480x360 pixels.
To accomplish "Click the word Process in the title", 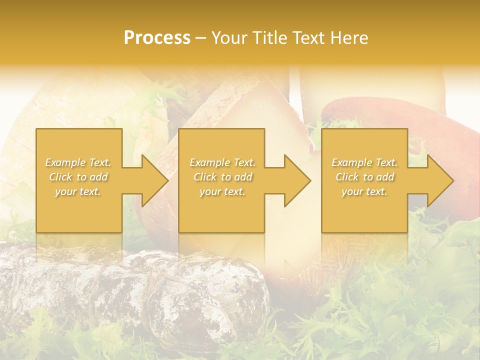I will pyautogui.click(x=157, y=38).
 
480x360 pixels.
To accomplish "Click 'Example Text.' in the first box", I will pyautogui.click(x=78, y=162).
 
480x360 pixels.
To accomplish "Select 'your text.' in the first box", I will pyautogui.click(x=78, y=191).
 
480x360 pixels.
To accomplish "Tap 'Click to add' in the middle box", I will pyautogui.click(x=222, y=177).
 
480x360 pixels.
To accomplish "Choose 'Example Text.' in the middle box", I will pyautogui.click(x=222, y=162).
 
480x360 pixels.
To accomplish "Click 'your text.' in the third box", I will pyautogui.click(x=364, y=191).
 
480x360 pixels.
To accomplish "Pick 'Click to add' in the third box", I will pyautogui.click(x=364, y=177).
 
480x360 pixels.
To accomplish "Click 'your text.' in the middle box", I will pyautogui.click(x=222, y=191).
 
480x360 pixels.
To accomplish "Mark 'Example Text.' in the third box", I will pyautogui.click(x=364, y=162).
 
